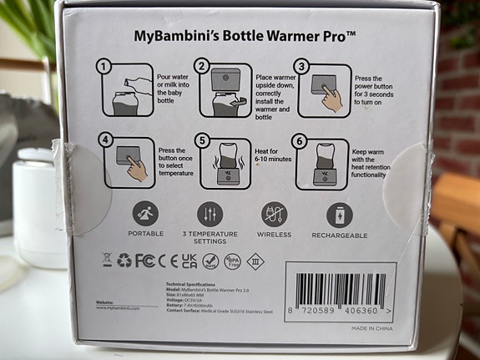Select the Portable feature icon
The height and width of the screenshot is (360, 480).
[144, 214]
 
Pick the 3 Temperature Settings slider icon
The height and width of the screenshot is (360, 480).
[210, 214]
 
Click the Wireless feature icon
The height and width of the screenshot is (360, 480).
[275, 214]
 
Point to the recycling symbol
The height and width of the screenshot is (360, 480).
[124, 261]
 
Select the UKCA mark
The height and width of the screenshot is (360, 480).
[189, 261]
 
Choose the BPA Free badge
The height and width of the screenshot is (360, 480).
[234, 261]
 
